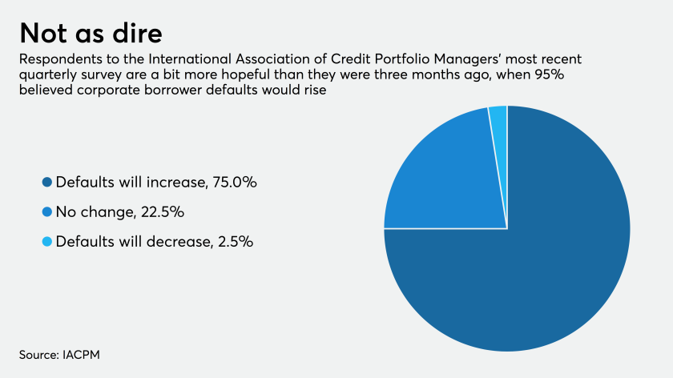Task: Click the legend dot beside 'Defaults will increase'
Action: tap(47, 183)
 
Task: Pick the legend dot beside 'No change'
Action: tap(47, 212)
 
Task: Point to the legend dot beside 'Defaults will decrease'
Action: tap(47, 242)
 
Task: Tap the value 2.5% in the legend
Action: tap(236, 242)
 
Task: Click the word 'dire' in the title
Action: tap(137, 33)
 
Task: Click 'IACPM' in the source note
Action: tap(81, 355)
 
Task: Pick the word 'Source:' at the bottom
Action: tap(39, 355)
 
